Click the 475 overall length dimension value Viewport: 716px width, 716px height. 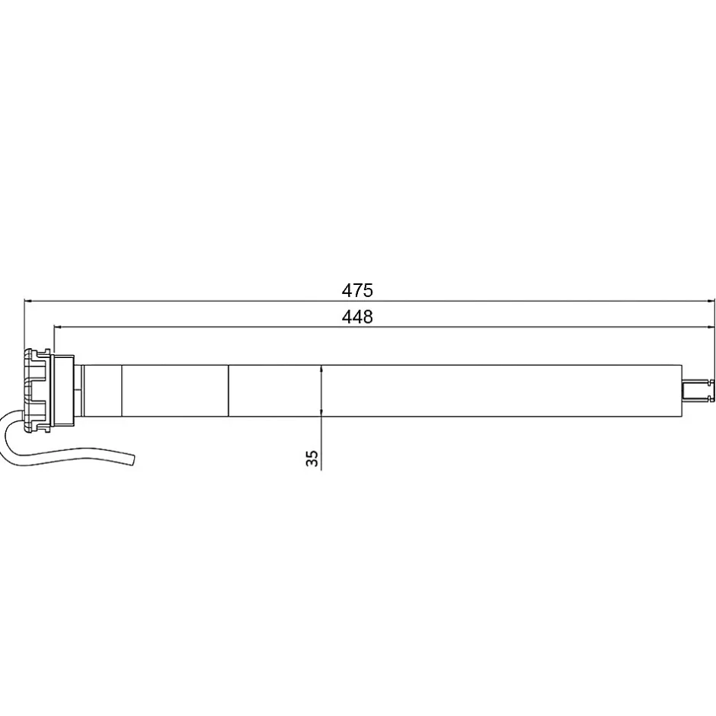click(x=356, y=290)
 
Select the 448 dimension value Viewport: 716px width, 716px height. click(x=356, y=317)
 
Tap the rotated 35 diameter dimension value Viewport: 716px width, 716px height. click(x=312, y=458)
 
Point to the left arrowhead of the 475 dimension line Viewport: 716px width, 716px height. click(x=29, y=301)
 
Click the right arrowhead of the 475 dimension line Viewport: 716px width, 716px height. click(x=708, y=301)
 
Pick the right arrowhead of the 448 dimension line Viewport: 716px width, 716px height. click(x=708, y=328)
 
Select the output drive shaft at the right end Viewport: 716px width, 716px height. click(x=697, y=391)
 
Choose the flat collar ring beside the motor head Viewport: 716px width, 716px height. click(x=62, y=391)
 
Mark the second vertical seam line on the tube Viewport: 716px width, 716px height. click(x=229, y=391)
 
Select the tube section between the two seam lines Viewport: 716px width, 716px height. click(x=175, y=391)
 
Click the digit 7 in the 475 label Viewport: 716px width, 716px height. click(x=356, y=290)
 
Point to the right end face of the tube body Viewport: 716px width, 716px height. click(x=681, y=391)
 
